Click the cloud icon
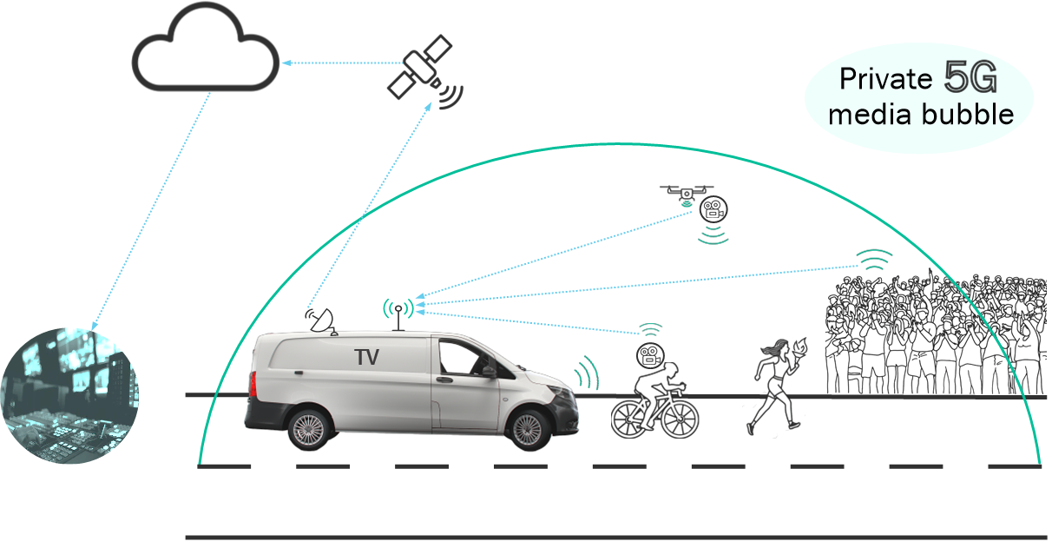tap(206, 55)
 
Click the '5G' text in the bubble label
tap(970, 80)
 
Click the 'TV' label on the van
tap(369, 356)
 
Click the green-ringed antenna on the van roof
tap(398, 309)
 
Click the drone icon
tap(686, 191)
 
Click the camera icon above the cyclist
tap(649, 354)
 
